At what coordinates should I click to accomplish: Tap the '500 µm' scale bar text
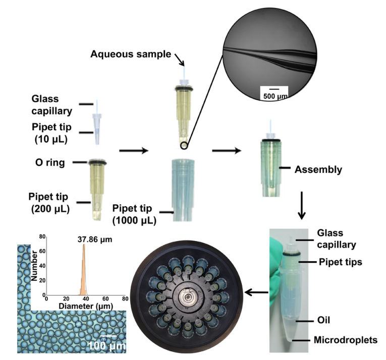point(273,95)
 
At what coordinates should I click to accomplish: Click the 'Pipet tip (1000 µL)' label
point(134,214)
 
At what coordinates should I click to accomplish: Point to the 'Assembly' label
point(318,169)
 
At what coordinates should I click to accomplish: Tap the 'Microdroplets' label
point(347,340)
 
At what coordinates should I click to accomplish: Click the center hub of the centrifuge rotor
point(188,298)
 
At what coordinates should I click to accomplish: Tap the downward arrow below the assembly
point(302,206)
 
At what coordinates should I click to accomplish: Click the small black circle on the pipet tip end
point(185,146)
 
